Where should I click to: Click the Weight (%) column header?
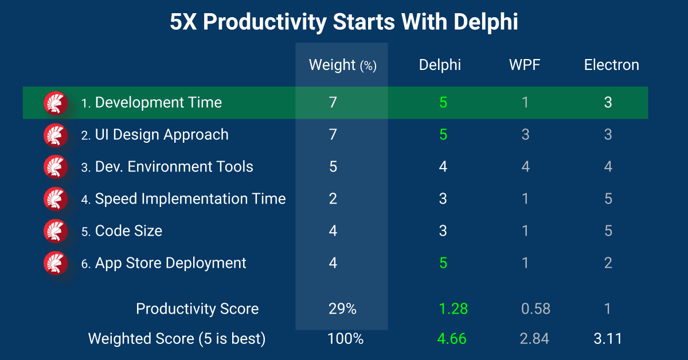point(342,65)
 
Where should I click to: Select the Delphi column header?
point(440,65)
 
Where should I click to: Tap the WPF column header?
point(525,65)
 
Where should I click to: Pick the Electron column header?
point(612,65)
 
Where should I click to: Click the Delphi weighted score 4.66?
point(452,338)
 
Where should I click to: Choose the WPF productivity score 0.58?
point(535,309)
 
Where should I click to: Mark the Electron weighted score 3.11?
point(608,338)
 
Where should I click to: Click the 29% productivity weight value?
point(342,309)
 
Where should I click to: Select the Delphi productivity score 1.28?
point(453,309)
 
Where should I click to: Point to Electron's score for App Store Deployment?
point(608,263)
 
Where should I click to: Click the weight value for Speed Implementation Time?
point(333,199)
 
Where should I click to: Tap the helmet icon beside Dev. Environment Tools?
point(56,167)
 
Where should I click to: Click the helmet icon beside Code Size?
point(56,231)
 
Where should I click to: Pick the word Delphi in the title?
point(486,22)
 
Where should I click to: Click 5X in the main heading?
point(183,22)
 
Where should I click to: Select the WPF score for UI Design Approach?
point(526,135)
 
